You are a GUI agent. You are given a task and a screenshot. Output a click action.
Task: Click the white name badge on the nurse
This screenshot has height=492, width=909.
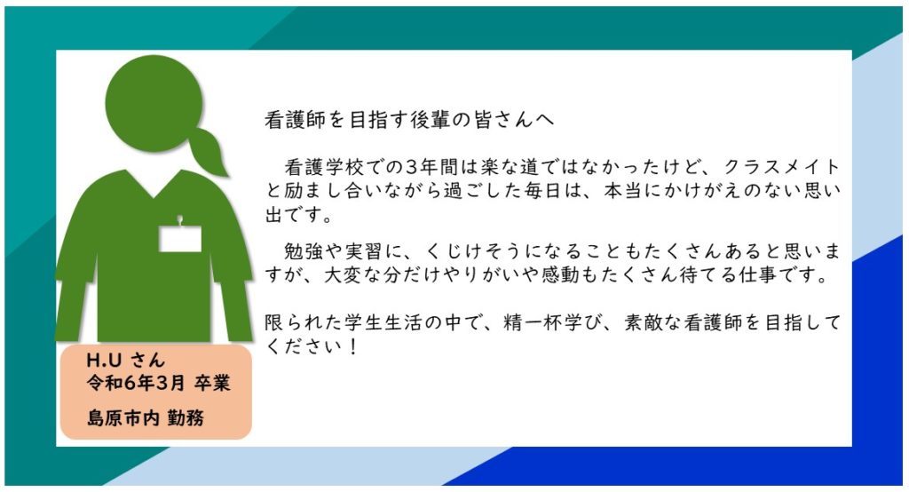point(180,239)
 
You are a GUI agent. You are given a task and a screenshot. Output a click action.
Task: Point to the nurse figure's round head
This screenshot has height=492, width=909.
point(154,103)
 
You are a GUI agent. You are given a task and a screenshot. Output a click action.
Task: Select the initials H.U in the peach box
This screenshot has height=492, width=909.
point(104,361)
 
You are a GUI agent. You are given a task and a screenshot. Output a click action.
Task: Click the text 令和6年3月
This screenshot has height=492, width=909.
point(135,383)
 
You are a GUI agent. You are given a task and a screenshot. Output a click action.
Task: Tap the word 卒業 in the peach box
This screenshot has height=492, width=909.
point(212,383)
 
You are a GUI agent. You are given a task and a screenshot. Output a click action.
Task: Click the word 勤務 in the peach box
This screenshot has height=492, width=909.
point(186,417)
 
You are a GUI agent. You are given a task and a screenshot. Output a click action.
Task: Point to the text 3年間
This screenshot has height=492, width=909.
point(432,167)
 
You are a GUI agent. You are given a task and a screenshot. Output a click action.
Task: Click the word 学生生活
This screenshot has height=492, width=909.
point(364,322)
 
